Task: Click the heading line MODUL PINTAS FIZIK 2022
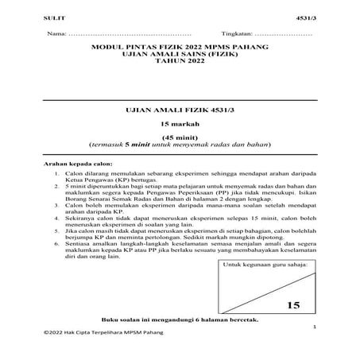(180, 48)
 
